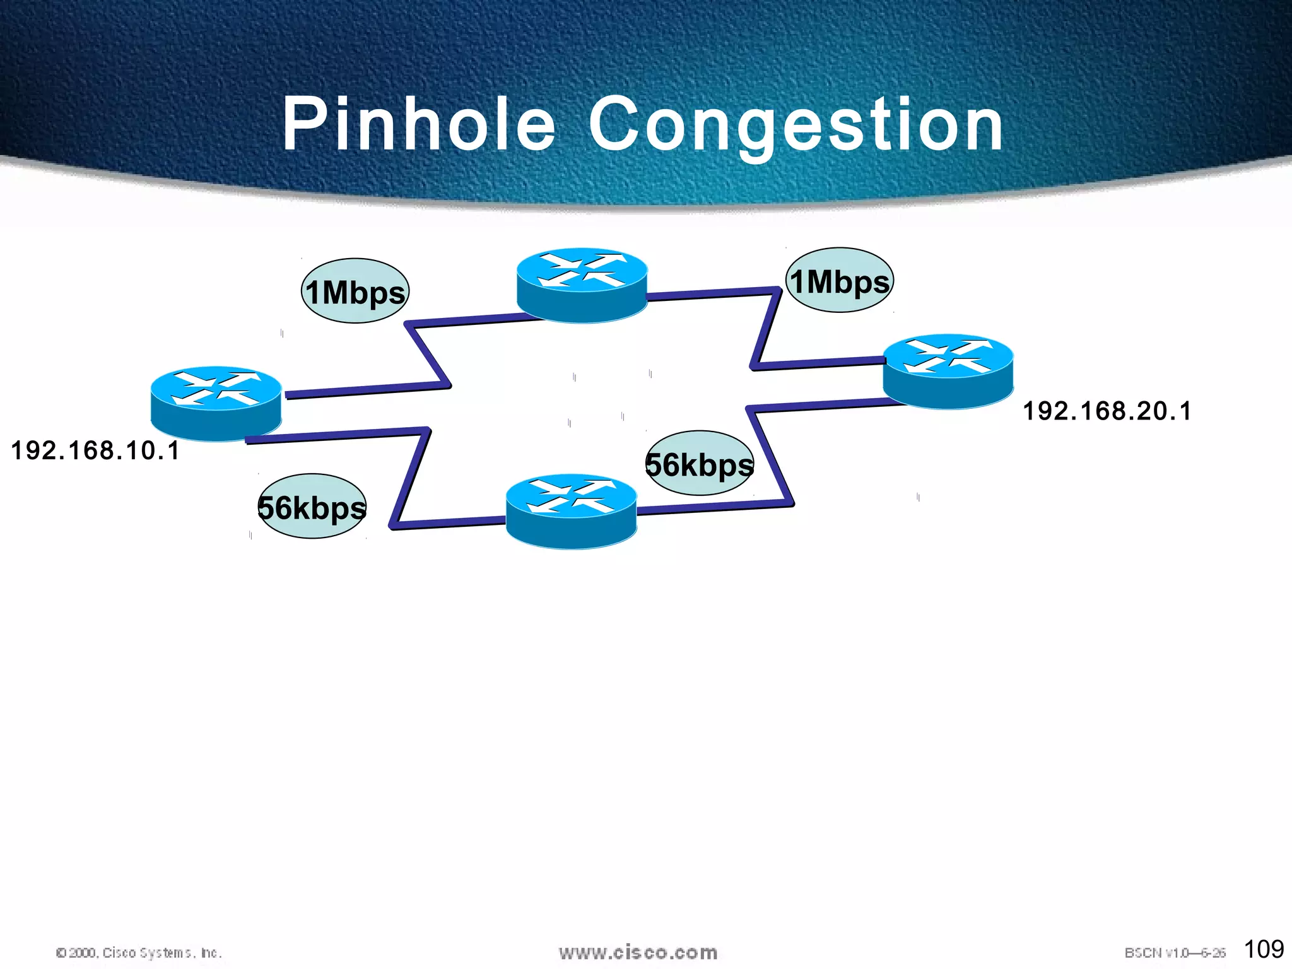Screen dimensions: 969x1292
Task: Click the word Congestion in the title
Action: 796,126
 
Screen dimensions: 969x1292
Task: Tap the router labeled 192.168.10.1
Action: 216,403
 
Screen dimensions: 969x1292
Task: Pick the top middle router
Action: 582,285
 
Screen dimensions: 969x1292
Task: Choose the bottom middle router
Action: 572,511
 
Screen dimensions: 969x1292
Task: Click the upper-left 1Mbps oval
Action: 355,291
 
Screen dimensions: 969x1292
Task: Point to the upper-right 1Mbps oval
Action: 840,280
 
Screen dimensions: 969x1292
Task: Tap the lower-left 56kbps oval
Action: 312,507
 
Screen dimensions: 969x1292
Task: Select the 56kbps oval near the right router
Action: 700,464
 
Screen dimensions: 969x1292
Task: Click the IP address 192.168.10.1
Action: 95,450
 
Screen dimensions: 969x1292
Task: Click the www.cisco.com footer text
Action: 638,952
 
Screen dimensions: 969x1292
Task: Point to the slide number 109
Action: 1264,949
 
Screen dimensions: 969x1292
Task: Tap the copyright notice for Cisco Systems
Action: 139,953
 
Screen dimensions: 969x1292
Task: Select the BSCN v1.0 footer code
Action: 1175,953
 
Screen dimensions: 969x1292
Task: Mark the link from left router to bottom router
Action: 410,479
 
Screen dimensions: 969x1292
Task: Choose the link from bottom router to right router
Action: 770,454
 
